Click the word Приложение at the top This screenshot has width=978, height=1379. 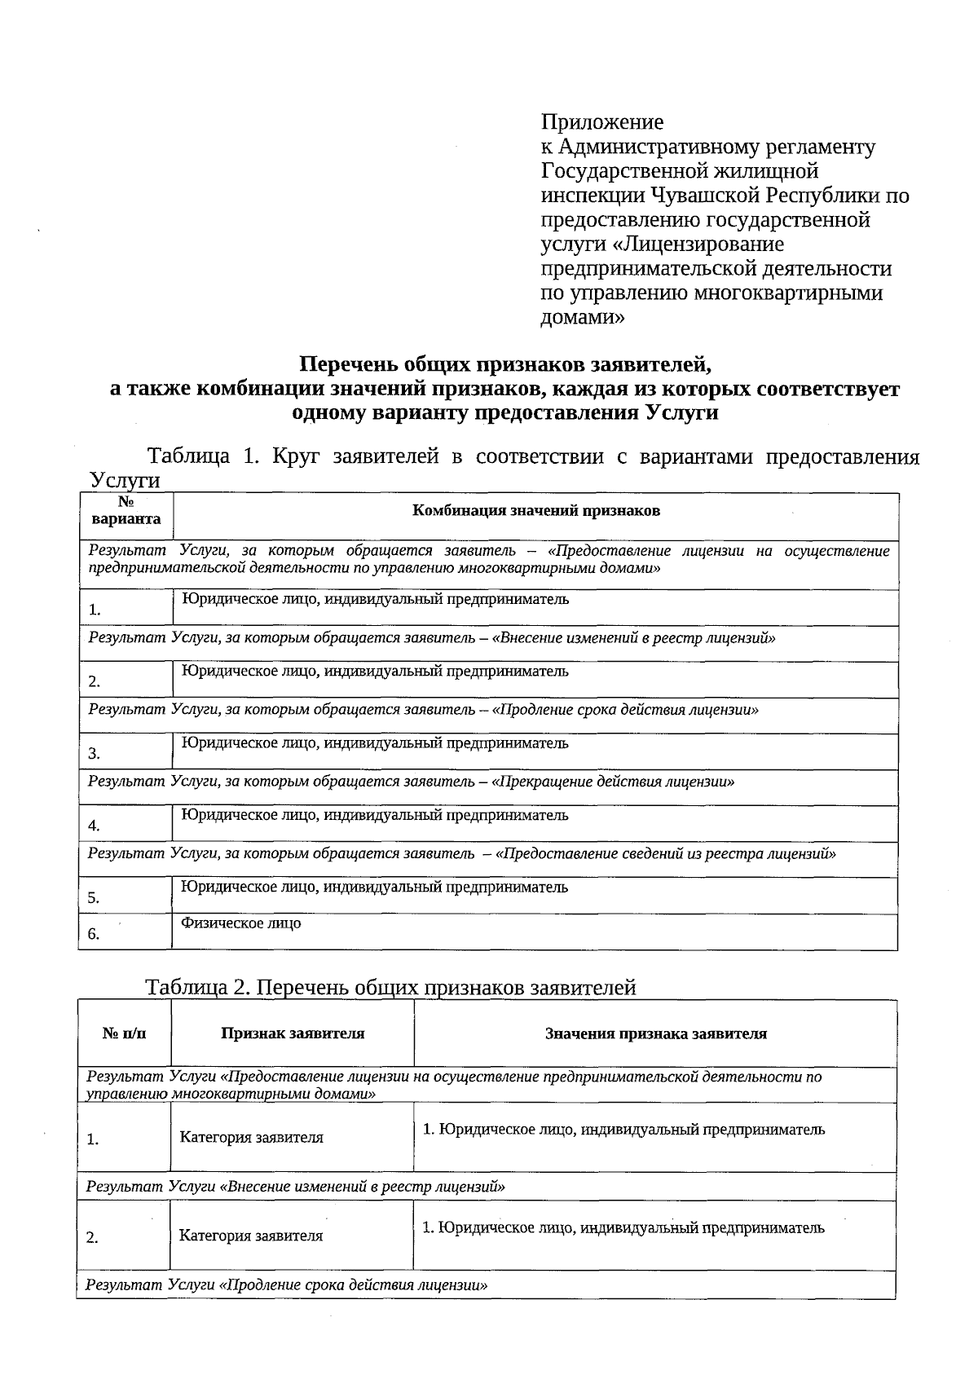coord(602,122)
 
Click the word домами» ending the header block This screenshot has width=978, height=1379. coord(583,318)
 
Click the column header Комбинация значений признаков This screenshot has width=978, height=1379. coord(535,511)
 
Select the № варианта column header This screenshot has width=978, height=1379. coord(126,511)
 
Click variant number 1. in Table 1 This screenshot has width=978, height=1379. coord(95,610)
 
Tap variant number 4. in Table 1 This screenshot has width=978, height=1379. coord(95,826)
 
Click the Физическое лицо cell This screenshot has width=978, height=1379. coord(240,923)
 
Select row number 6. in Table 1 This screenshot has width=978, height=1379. coord(95,934)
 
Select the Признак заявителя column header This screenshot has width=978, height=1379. coord(293,1033)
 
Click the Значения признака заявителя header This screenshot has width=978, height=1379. coord(655,1033)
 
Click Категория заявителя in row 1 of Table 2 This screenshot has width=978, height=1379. coord(251,1138)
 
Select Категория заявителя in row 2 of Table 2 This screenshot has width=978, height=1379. coord(251,1236)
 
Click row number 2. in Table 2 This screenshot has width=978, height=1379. coord(93,1238)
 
